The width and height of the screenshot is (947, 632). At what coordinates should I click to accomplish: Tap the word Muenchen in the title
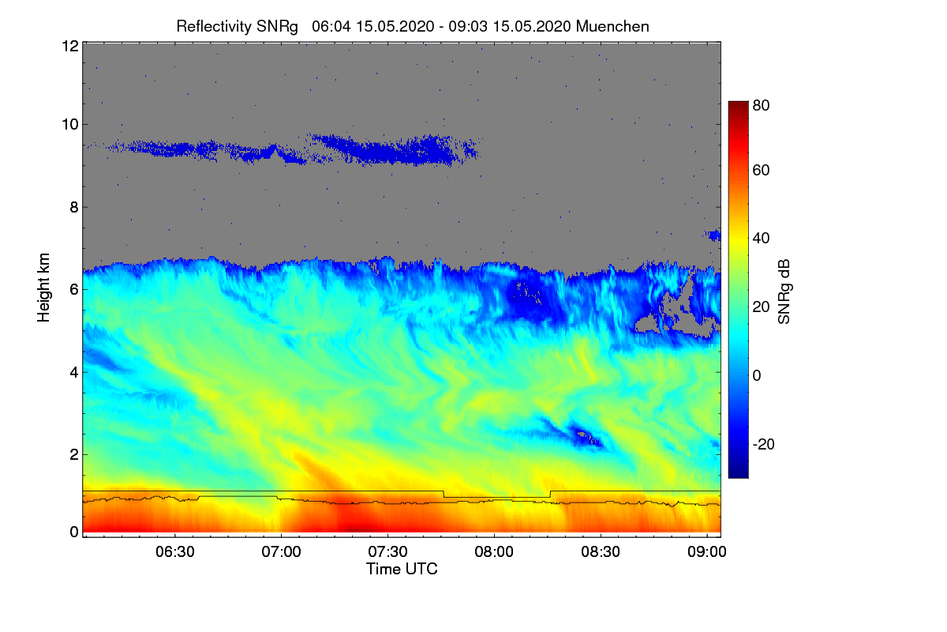[x=612, y=26]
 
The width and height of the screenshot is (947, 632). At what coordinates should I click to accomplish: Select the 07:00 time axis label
[x=282, y=551]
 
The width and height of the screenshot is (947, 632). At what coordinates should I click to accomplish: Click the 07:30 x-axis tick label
[x=388, y=551]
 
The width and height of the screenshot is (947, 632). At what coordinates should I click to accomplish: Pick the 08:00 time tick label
[x=494, y=551]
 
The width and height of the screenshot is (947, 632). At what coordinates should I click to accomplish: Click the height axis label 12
[x=69, y=46]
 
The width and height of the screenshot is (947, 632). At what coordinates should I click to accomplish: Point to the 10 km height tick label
[x=69, y=125]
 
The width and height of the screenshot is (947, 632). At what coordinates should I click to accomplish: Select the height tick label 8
[x=73, y=208]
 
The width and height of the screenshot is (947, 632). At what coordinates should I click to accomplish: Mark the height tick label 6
[x=73, y=290]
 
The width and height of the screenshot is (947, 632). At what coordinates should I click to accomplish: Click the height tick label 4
[x=73, y=372]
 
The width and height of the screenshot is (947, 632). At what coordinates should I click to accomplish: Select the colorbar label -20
[x=763, y=444]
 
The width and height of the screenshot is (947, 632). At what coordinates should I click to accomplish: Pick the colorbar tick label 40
[x=761, y=239]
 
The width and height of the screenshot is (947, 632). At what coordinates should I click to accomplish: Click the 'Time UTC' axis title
[x=402, y=569]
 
